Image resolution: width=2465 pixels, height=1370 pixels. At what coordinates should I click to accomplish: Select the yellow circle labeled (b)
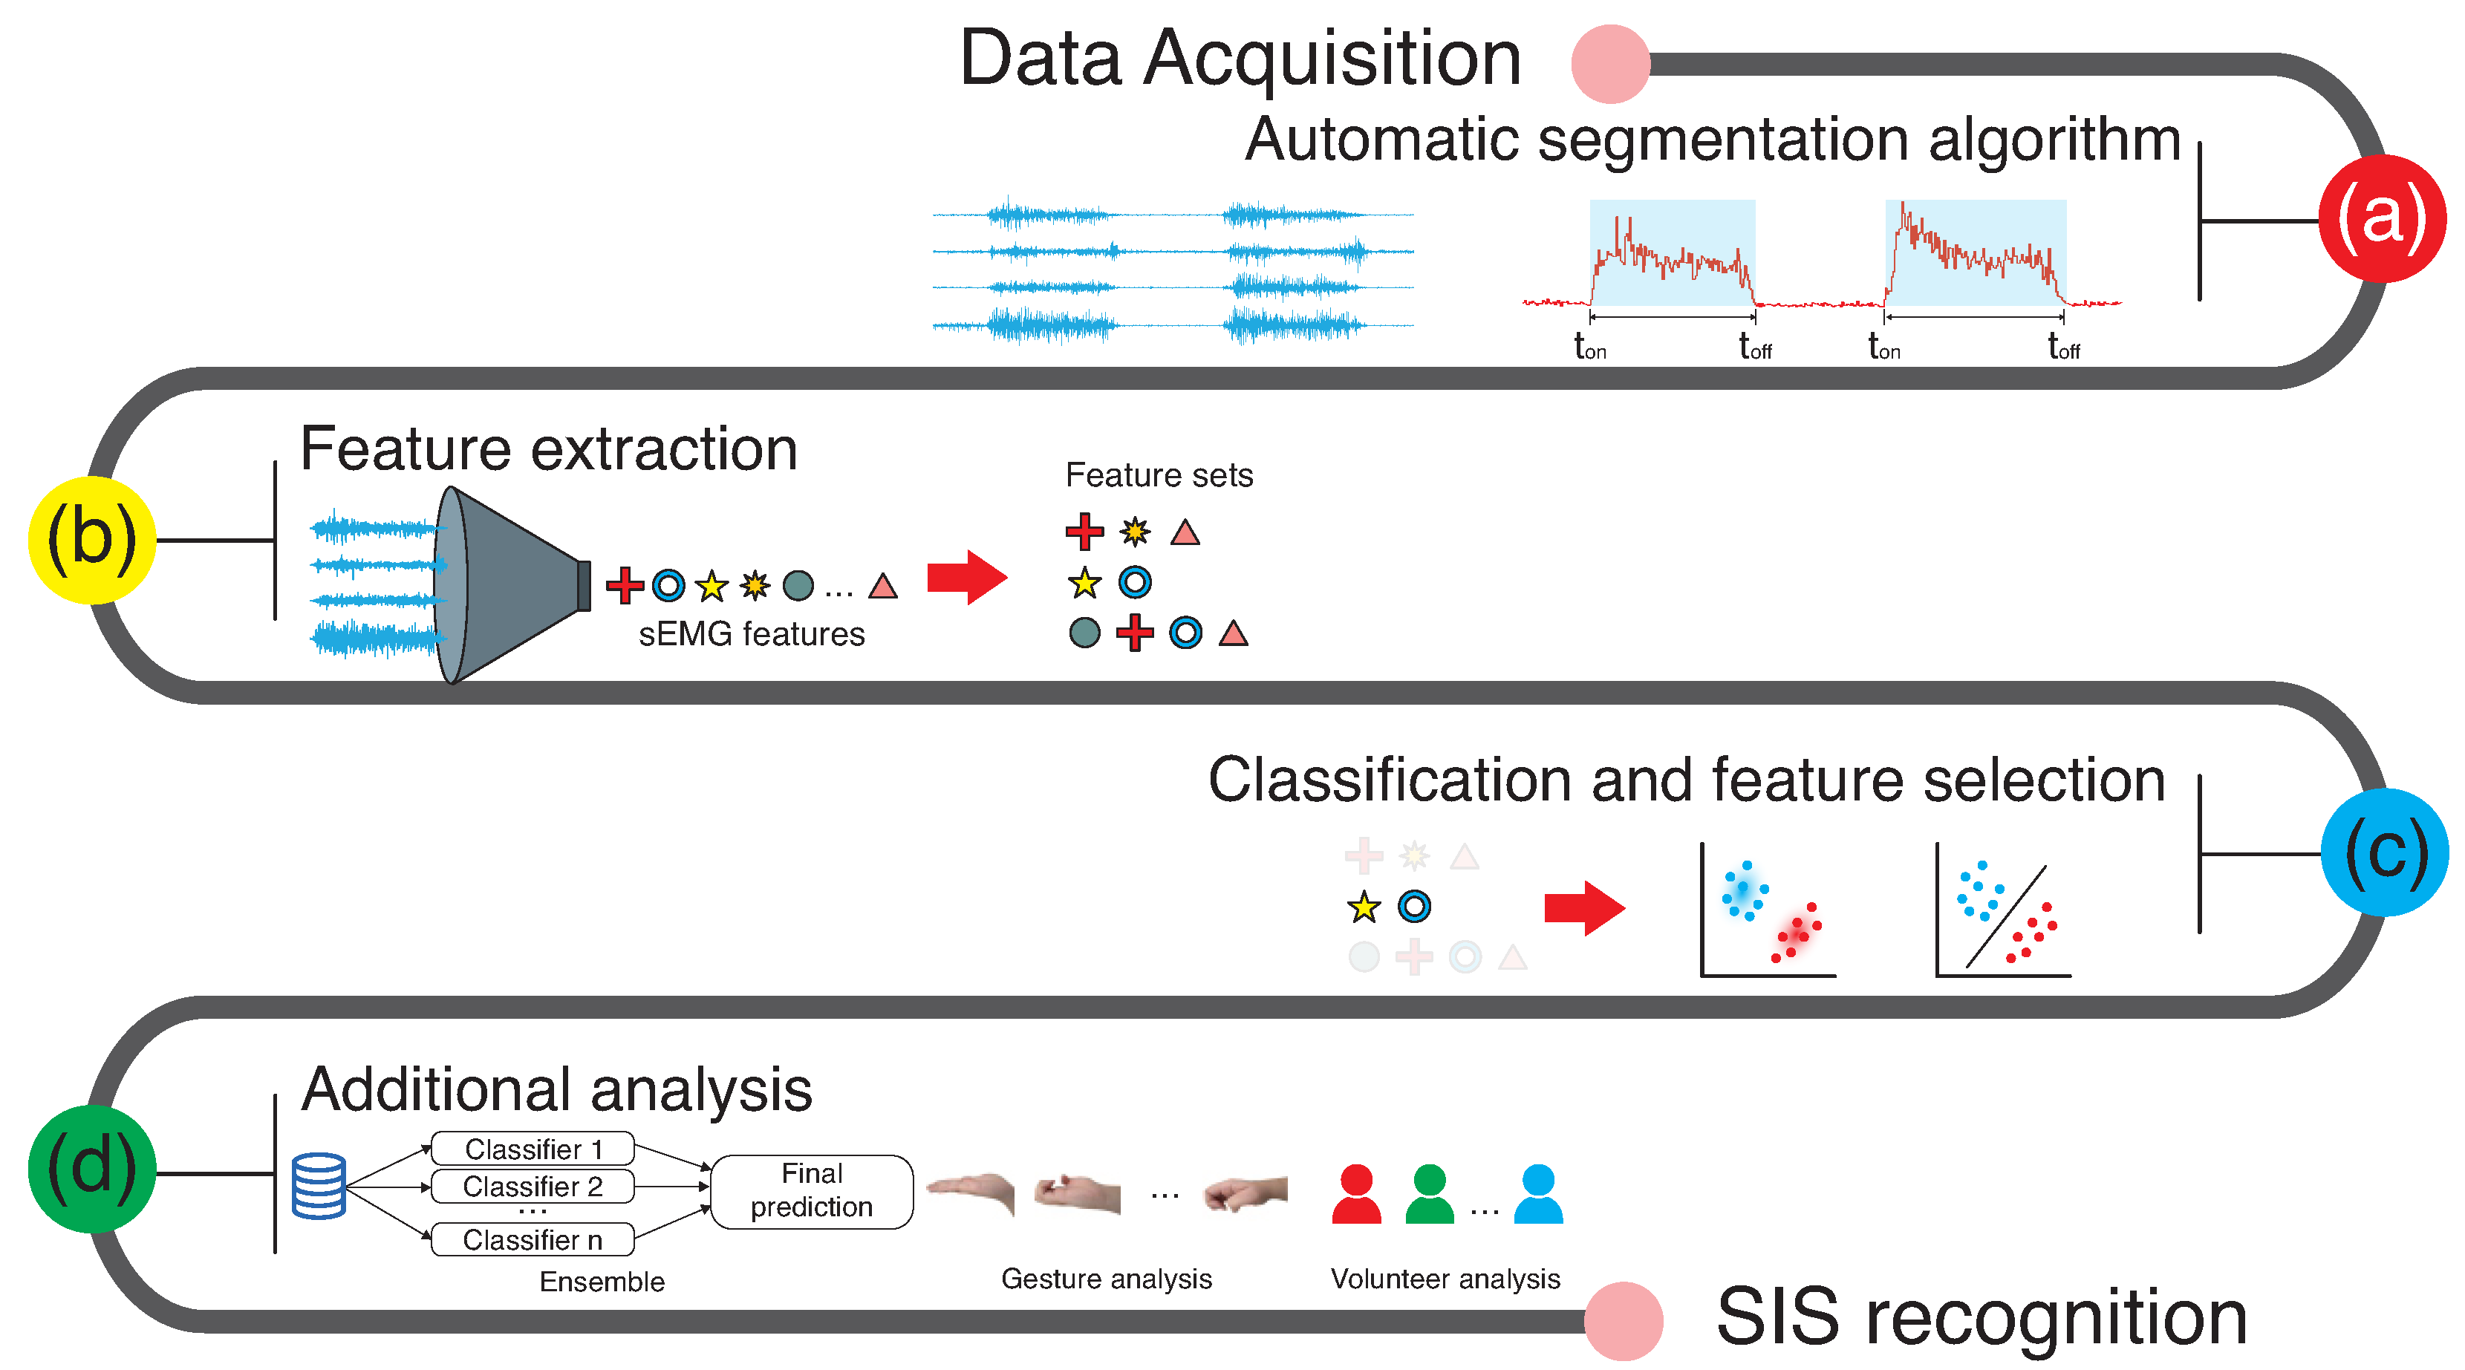pos(92,540)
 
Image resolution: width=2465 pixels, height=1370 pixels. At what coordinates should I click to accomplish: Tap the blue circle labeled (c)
pos(2383,852)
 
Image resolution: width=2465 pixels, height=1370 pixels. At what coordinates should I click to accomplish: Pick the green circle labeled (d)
pos(92,1168)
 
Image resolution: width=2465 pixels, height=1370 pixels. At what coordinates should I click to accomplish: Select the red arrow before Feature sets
pos(966,577)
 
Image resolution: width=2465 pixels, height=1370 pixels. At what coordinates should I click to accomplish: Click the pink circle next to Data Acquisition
pos(1610,64)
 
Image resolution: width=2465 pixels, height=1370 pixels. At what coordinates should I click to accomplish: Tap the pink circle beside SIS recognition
pos(1623,1320)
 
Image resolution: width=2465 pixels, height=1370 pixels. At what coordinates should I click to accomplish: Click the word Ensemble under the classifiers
pos(601,1281)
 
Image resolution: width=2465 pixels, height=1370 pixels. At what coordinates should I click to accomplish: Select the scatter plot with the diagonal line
pos(2003,911)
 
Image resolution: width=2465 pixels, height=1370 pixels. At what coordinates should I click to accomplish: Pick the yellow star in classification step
pos(1363,906)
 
